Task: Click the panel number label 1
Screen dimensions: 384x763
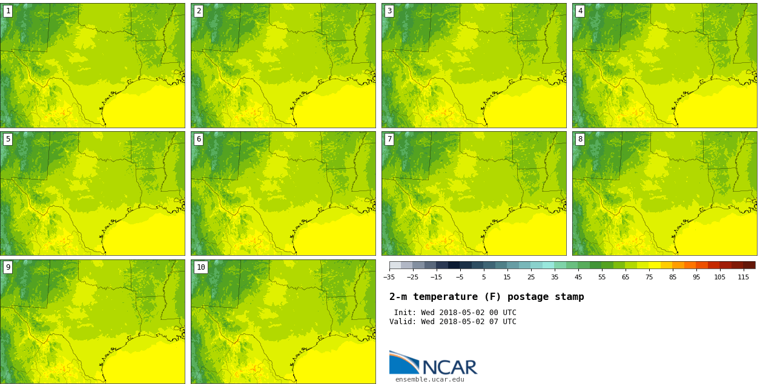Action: [8, 11]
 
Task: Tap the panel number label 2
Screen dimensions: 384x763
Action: [199, 11]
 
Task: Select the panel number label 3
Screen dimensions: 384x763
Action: [389, 11]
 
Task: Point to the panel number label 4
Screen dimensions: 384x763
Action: [580, 11]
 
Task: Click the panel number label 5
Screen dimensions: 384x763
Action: [8, 139]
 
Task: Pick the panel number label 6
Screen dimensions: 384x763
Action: [199, 139]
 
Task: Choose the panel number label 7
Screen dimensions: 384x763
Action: [389, 139]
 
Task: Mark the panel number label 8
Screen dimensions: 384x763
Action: [580, 139]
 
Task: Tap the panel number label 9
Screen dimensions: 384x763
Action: [8, 267]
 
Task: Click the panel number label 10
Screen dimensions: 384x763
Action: [200, 267]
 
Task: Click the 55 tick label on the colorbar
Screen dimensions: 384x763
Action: [602, 277]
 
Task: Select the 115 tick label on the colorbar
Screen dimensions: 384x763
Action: [744, 277]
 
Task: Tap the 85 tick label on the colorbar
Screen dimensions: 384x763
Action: [673, 277]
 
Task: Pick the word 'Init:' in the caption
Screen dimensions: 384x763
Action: [405, 313]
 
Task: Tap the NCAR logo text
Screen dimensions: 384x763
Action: [449, 367]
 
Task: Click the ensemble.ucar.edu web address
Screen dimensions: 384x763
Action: [430, 380]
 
